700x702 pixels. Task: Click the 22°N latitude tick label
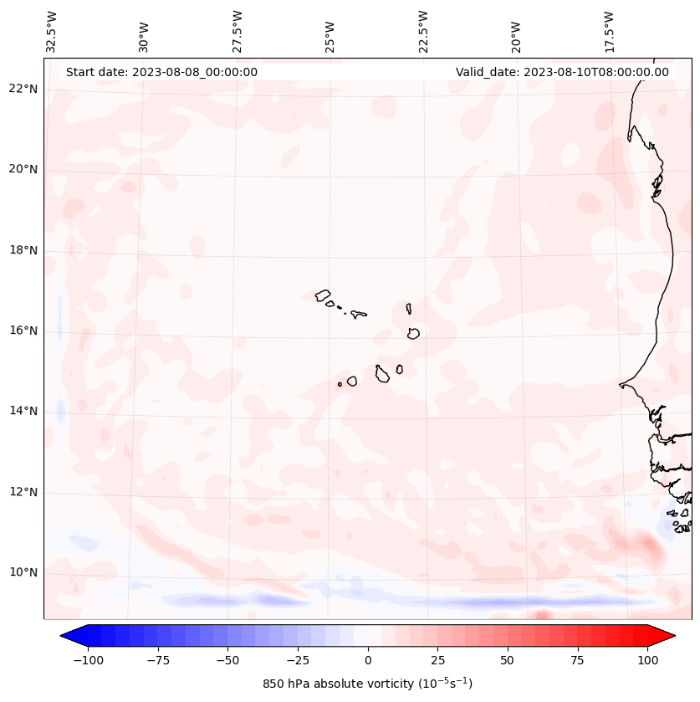23,89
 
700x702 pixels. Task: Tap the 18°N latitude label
23,250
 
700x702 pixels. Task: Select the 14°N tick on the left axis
23,411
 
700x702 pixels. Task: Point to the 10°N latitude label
23,573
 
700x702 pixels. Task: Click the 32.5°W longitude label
52,31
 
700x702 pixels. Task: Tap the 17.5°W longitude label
609,31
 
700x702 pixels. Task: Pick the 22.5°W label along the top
423,31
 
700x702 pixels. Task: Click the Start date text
161,72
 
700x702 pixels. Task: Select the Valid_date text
562,72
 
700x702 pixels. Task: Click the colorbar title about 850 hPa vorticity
367,684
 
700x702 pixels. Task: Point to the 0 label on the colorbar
368,660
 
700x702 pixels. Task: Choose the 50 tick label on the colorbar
508,660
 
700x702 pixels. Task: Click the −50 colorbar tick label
228,660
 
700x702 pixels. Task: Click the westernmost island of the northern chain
323,295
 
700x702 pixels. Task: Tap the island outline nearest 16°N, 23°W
413,333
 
